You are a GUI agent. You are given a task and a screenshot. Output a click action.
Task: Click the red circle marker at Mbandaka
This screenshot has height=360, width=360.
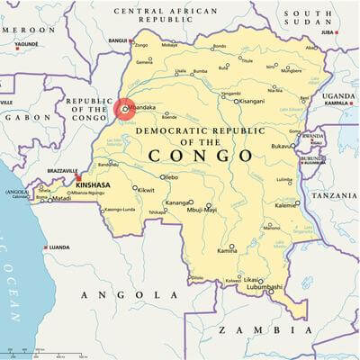(x=124, y=110)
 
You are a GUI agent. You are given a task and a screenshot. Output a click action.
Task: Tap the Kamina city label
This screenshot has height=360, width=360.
(x=229, y=251)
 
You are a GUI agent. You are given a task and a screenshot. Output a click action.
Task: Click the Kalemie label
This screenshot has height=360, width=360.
(x=286, y=204)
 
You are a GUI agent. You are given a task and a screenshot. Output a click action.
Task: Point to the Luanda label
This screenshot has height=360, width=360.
(x=59, y=247)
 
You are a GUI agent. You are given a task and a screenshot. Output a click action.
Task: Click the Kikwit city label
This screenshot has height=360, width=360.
(x=145, y=190)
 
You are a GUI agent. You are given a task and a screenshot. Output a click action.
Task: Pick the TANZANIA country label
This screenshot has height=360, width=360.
(x=335, y=194)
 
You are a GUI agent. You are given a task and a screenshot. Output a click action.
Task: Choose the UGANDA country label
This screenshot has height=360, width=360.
(x=340, y=94)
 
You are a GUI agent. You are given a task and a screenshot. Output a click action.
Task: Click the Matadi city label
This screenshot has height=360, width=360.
(x=60, y=198)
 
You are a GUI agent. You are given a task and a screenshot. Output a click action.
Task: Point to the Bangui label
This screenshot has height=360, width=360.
(x=117, y=40)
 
